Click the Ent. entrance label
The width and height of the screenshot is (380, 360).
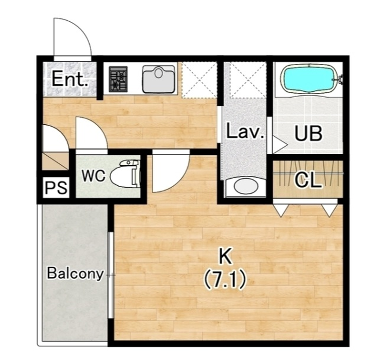[x=70, y=79]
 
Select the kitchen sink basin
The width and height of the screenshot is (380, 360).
[x=158, y=79]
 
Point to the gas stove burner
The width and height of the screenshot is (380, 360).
[x=118, y=79]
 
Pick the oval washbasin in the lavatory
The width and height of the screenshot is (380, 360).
[x=246, y=186]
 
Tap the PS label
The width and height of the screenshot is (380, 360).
[x=56, y=188]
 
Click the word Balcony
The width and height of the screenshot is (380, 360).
[x=75, y=274]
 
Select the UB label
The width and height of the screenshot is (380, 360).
[x=308, y=133]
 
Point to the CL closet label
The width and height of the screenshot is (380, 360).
[x=308, y=180]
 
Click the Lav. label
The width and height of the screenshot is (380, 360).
[x=245, y=131]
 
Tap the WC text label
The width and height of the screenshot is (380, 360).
[x=94, y=175]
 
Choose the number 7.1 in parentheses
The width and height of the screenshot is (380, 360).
[x=225, y=280]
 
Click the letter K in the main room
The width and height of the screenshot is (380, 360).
[x=225, y=257]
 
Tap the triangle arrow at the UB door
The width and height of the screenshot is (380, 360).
[x=280, y=145]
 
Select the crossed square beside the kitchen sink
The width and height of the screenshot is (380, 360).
[x=199, y=80]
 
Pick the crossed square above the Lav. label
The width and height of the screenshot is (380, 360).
[x=248, y=80]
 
